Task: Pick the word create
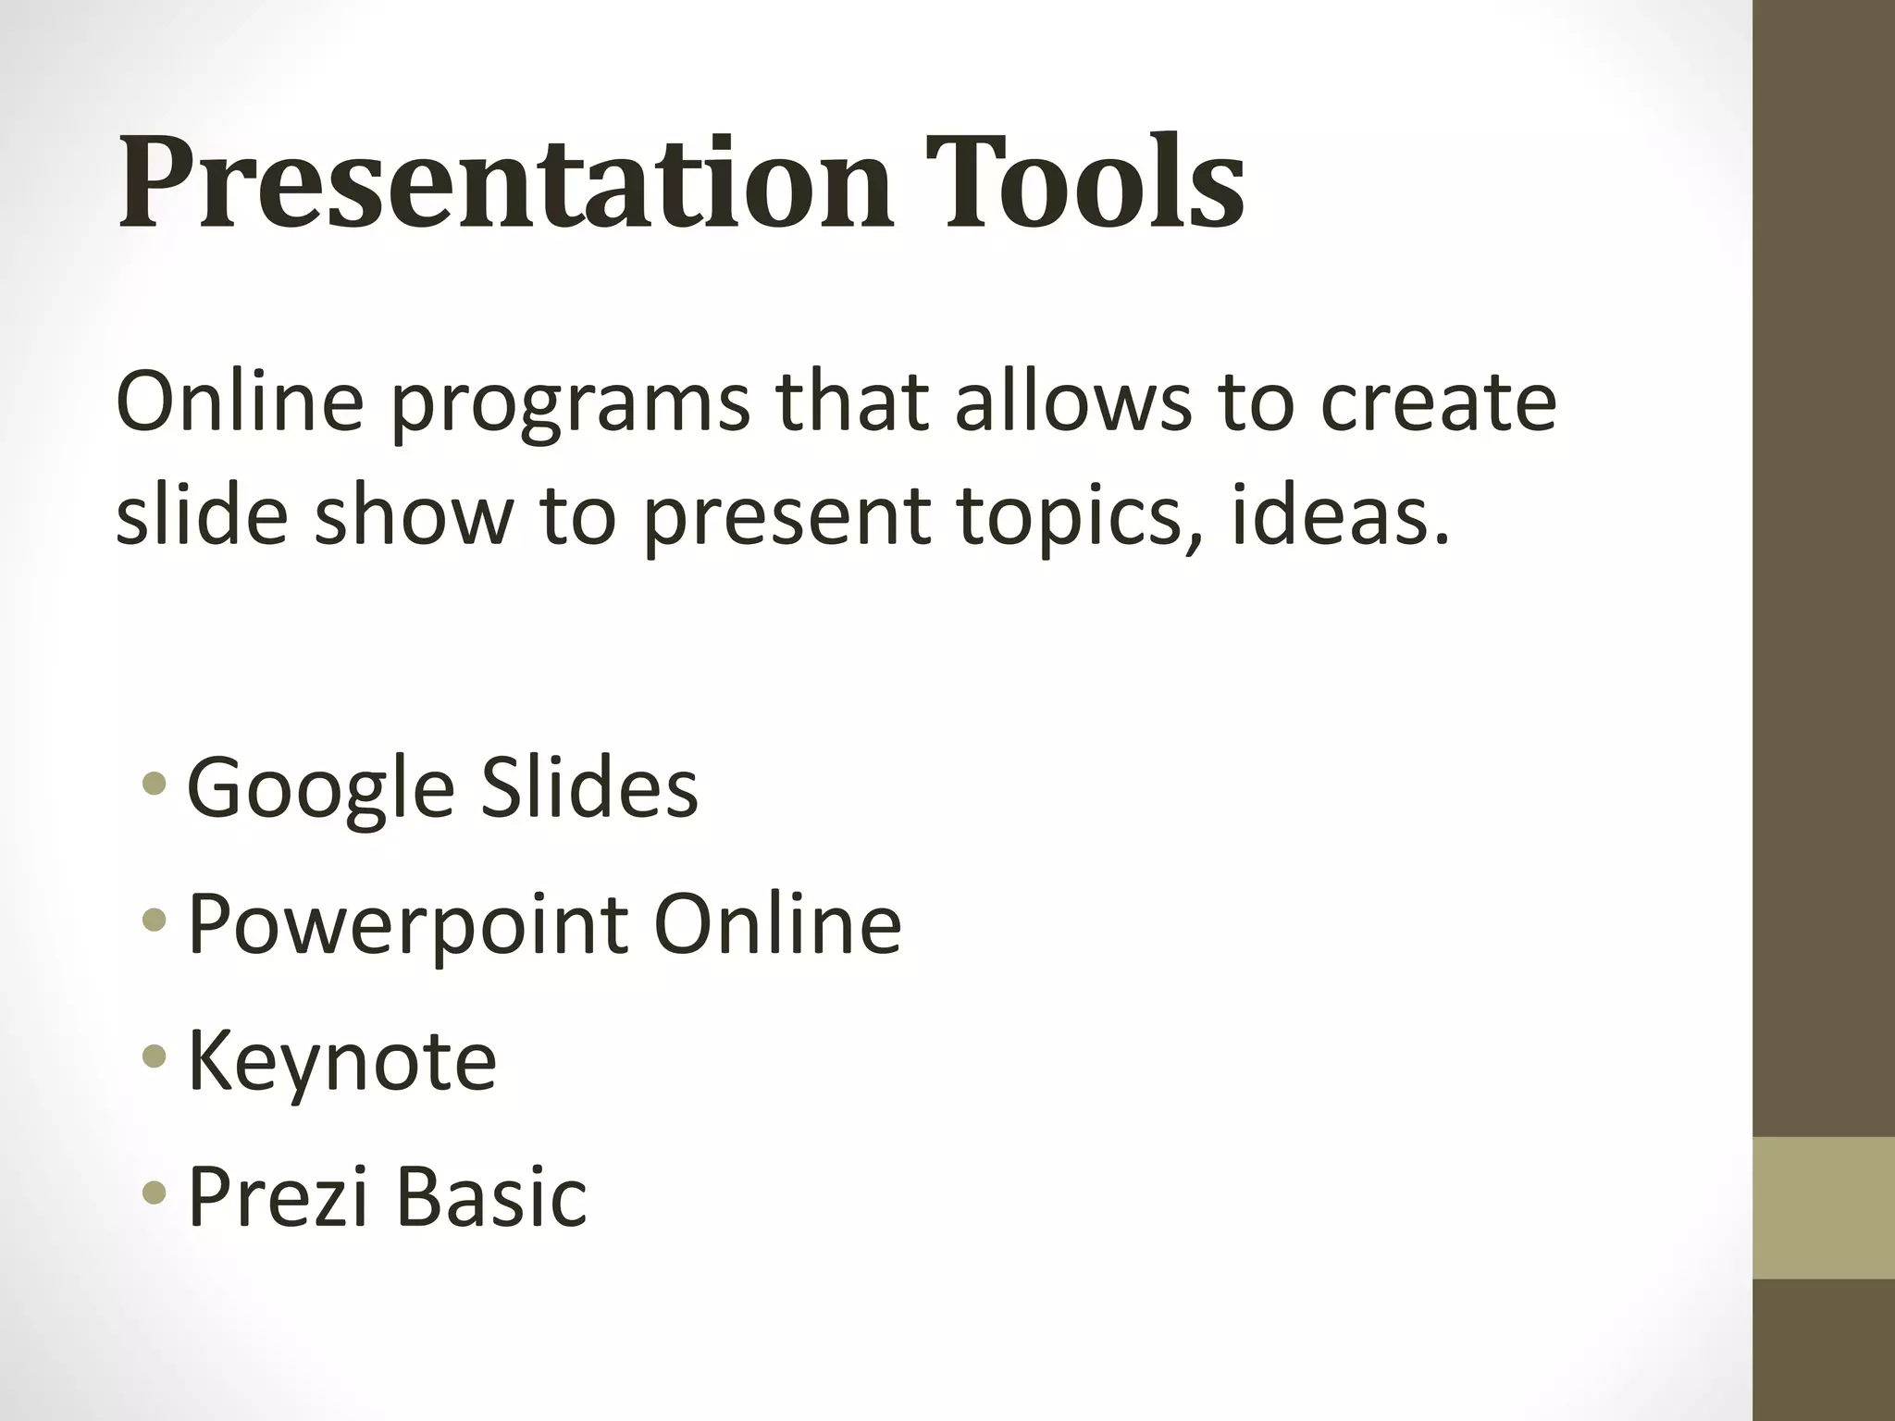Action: pos(1439,403)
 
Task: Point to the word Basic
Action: pos(491,1196)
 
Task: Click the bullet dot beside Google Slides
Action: pos(155,785)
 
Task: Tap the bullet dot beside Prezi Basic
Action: pos(155,1192)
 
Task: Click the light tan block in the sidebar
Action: pos(1823,1207)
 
